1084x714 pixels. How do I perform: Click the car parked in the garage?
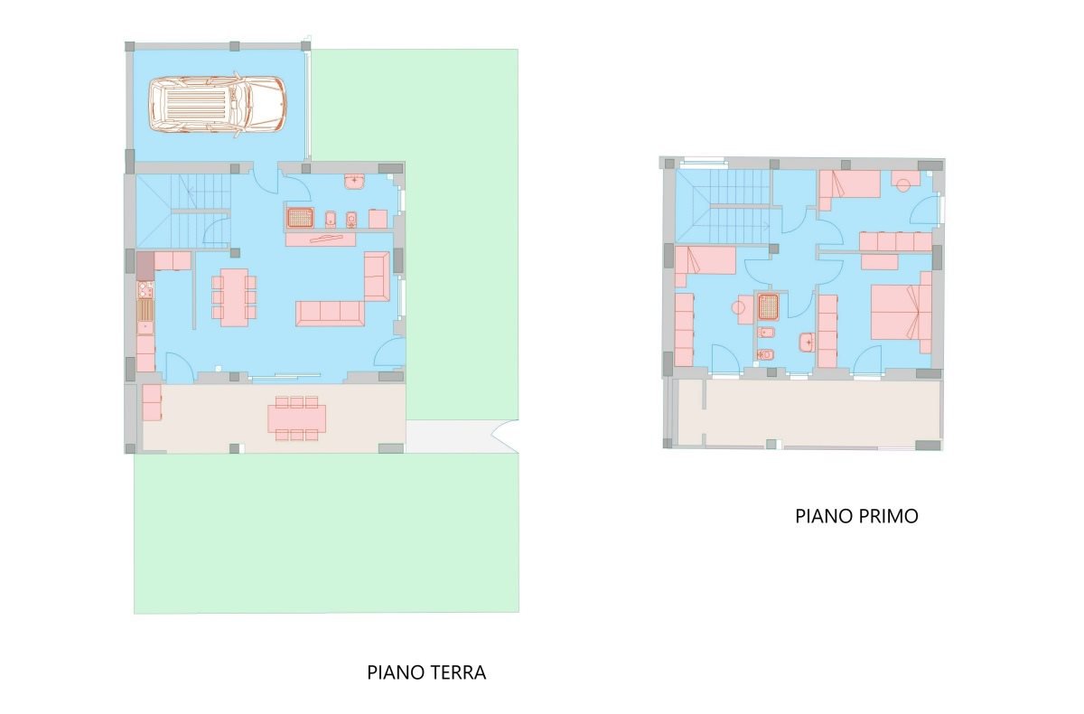(218, 105)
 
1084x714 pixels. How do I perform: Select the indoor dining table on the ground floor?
(234, 297)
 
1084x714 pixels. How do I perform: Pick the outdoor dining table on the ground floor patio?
(296, 418)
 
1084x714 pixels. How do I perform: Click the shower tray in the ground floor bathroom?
(301, 218)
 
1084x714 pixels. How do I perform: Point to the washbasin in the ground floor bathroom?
(355, 183)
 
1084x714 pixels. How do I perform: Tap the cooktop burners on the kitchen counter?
(145, 289)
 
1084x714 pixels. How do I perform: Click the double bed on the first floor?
(902, 312)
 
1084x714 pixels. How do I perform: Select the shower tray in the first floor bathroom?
(768, 306)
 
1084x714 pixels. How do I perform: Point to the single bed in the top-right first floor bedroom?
(849, 188)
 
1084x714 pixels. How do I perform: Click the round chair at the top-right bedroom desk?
(903, 185)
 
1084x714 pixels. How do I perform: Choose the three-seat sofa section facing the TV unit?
(330, 314)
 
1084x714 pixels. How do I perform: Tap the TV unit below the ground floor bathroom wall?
(321, 240)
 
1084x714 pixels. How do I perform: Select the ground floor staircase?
(183, 211)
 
